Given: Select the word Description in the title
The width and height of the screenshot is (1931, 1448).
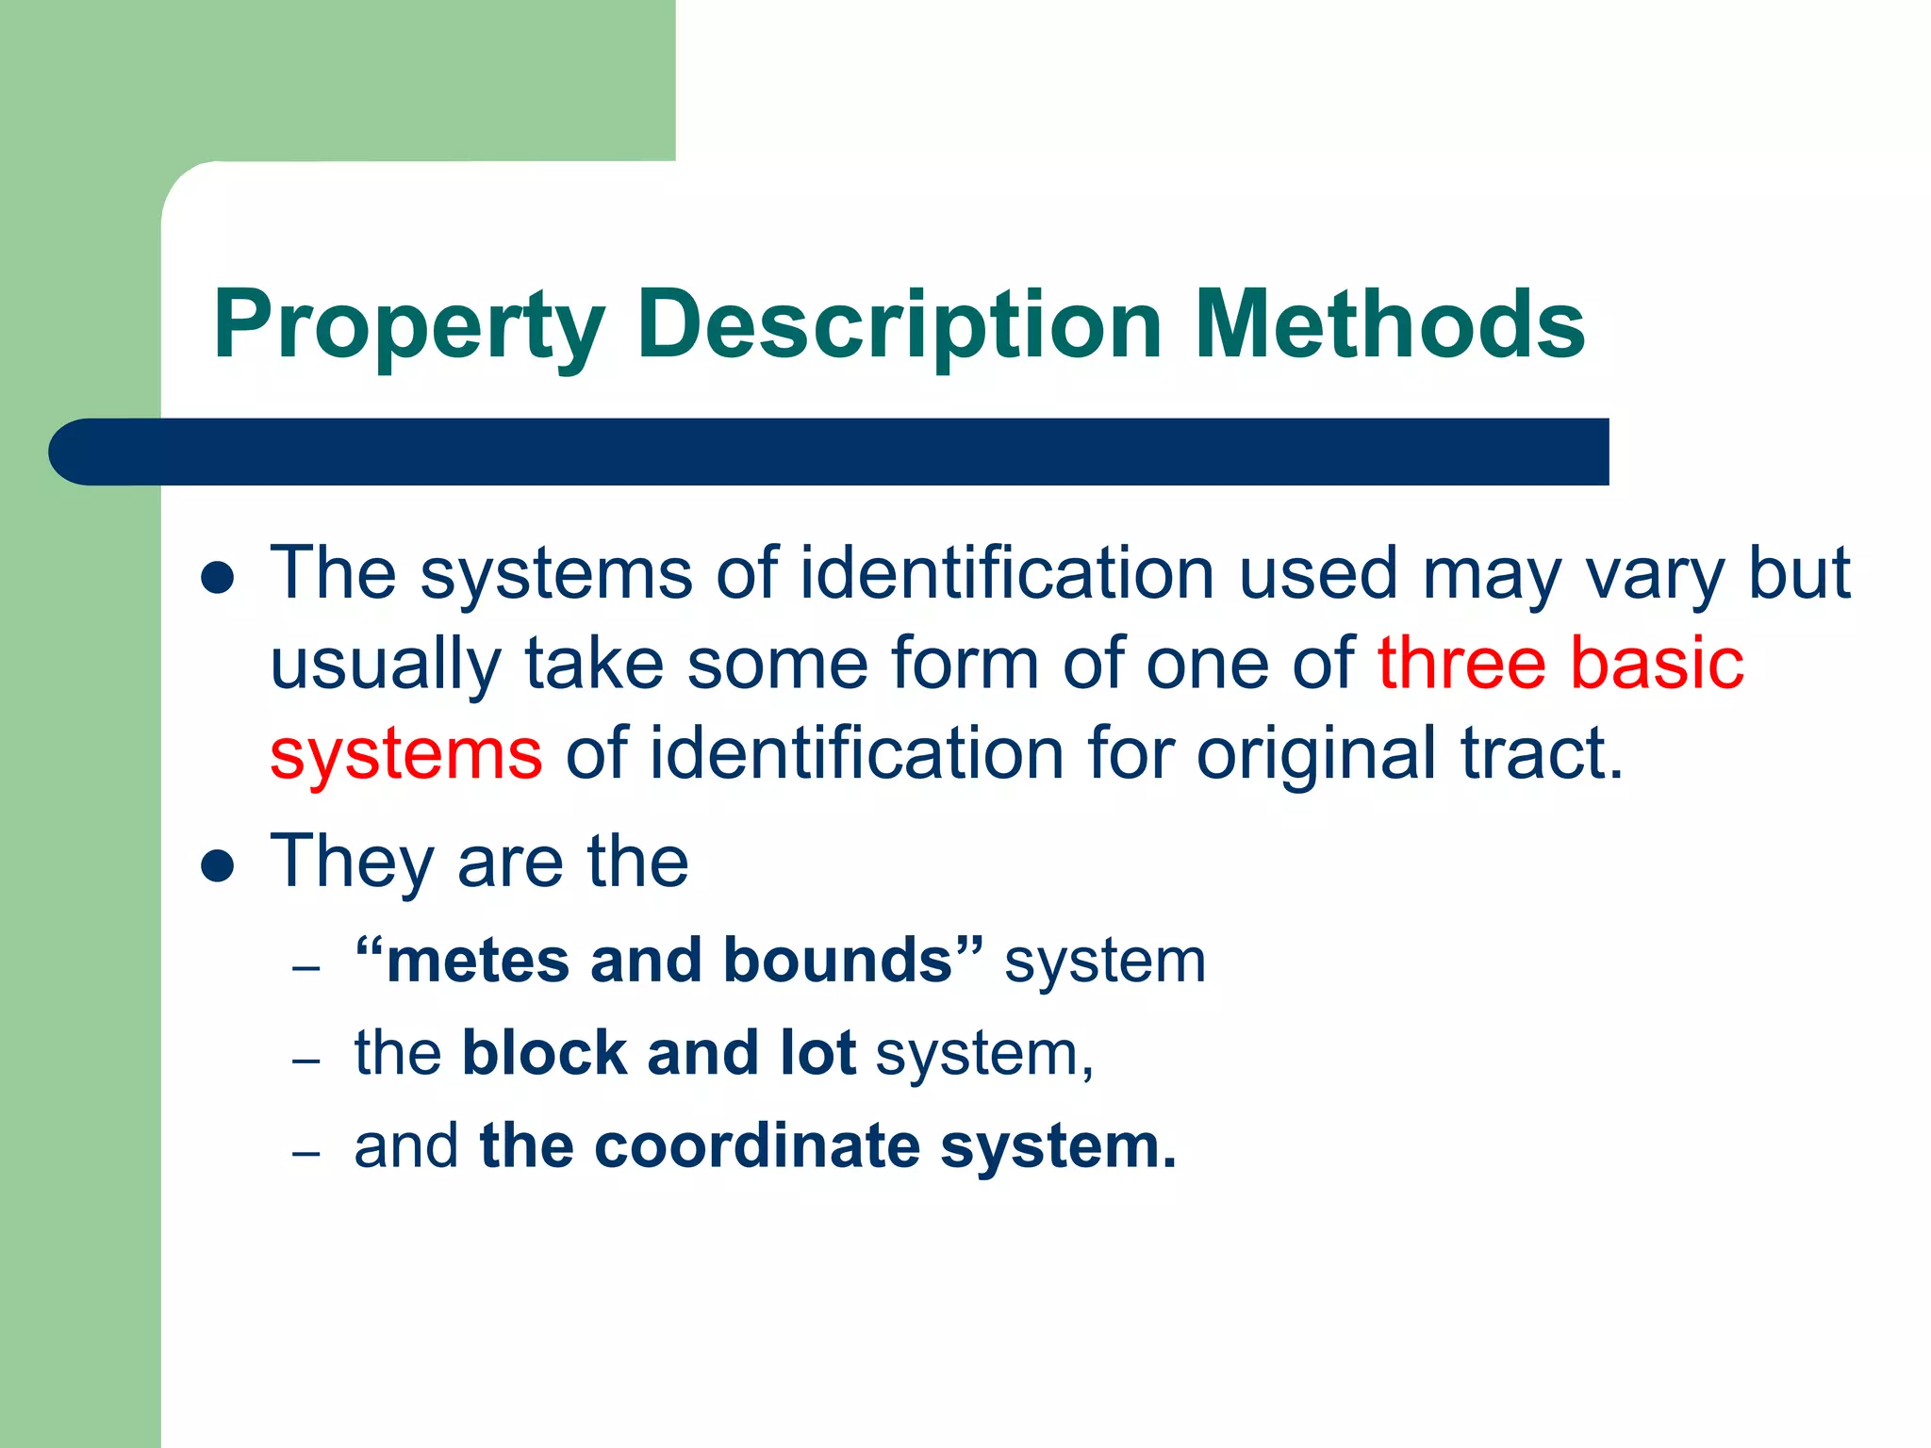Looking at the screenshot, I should (x=899, y=325).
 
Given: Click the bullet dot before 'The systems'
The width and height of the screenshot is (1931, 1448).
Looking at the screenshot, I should (x=218, y=578).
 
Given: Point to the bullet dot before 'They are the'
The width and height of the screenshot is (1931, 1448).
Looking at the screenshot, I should (x=218, y=865).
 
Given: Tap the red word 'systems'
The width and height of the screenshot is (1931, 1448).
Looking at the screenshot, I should (x=406, y=754).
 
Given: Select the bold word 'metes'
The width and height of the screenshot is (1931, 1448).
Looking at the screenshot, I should (x=478, y=961).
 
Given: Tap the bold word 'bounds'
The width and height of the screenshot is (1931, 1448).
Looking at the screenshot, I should (x=838, y=961).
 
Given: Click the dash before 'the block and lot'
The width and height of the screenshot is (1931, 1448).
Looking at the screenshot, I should (x=306, y=1061).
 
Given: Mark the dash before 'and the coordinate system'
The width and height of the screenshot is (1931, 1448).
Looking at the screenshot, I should (x=306, y=1154).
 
